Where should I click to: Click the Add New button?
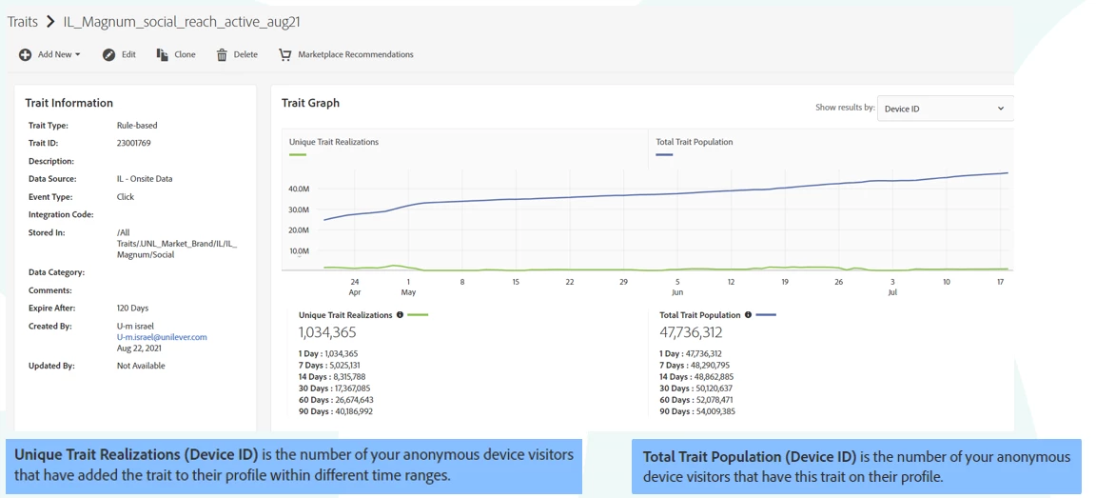(x=49, y=55)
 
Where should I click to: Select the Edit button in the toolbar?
(x=120, y=55)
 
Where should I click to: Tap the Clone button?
(x=176, y=55)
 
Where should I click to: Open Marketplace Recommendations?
(x=346, y=55)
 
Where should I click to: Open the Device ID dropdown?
(x=944, y=109)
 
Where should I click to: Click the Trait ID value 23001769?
(x=134, y=144)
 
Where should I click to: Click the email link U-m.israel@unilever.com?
(x=162, y=337)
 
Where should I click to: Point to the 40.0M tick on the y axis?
(x=298, y=189)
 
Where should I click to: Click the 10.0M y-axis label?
(x=298, y=251)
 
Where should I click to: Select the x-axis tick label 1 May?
(x=408, y=287)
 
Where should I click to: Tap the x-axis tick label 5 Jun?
(x=677, y=287)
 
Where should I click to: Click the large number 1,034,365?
(x=327, y=332)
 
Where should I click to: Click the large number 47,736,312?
(x=691, y=332)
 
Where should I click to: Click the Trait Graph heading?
(x=310, y=103)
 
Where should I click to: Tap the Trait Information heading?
(x=68, y=103)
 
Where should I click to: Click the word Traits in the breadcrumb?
(x=23, y=21)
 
